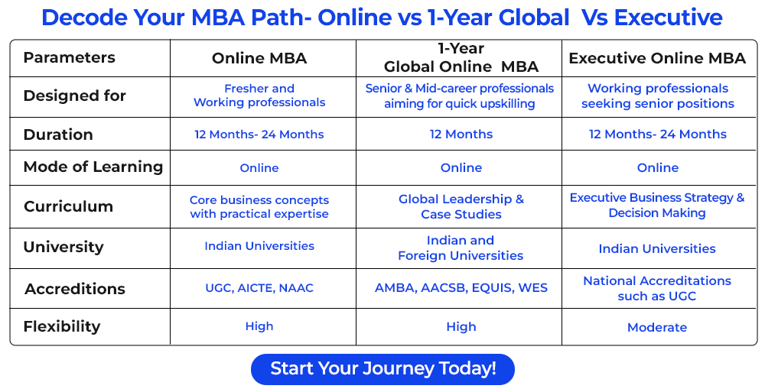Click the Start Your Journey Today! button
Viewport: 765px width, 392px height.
pyautogui.click(x=382, y=368)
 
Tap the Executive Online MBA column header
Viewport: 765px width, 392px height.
pyautogui.click(x=657, y=58)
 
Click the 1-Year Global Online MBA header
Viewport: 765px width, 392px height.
pyautogui.click(x=461, y=57)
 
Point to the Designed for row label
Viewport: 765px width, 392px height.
pyautogui.click(x=75, y=95)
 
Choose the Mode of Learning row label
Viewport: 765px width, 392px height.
pyautogui.click(x=93, y=167)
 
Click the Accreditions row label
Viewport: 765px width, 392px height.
pyautogui.click(x=75, y=289)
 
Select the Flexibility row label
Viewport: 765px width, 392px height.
pyautogui.click(x=62, y=326)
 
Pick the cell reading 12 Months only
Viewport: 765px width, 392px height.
pyautogui.click(x=461, y=134)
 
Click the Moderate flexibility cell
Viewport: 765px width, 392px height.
pyautogui.click(x=657, y=327)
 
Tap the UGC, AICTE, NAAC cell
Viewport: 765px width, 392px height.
pyautogui.click(x=259, y=287)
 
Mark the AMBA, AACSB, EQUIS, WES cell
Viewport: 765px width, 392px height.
pyautogui.click(x=461, y=287)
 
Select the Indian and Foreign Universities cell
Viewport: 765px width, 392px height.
pyautogui.click(x=461, y=248)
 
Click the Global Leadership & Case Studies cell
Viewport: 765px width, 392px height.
pyautogui.click(x=461, y=207)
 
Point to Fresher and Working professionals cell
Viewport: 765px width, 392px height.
pyautogui.click(x=259, y=96)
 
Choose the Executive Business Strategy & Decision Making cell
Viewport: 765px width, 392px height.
pyautogui.click(x=657, y=206)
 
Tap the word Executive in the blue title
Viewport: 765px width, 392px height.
pyautogui.click(x=669, y=18)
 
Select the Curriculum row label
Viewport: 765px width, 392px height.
pyautogui.click(x=68, y=206)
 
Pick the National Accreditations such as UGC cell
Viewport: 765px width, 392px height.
pyautogui.click(x=657, y=288)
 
